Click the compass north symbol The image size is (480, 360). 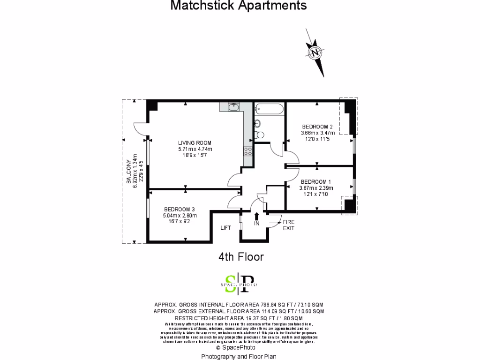click(316, 52)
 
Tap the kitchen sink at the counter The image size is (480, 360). click(234, 107)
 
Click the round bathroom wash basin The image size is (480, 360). click(257, 124)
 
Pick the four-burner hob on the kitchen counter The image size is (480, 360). click(248, 151)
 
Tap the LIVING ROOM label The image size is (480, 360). click(195, 143)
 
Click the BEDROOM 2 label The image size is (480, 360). click(317, 127)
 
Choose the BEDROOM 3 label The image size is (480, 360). click(180, 209)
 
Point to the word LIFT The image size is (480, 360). click(226, 228)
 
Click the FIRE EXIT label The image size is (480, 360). click(289, 225)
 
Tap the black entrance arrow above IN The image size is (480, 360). click(256, 217)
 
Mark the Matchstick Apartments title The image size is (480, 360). click(239, 6)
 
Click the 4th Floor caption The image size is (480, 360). click(241, 257)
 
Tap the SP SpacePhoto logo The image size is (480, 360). click(239, 283)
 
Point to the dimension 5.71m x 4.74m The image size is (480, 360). click(195, 149)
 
